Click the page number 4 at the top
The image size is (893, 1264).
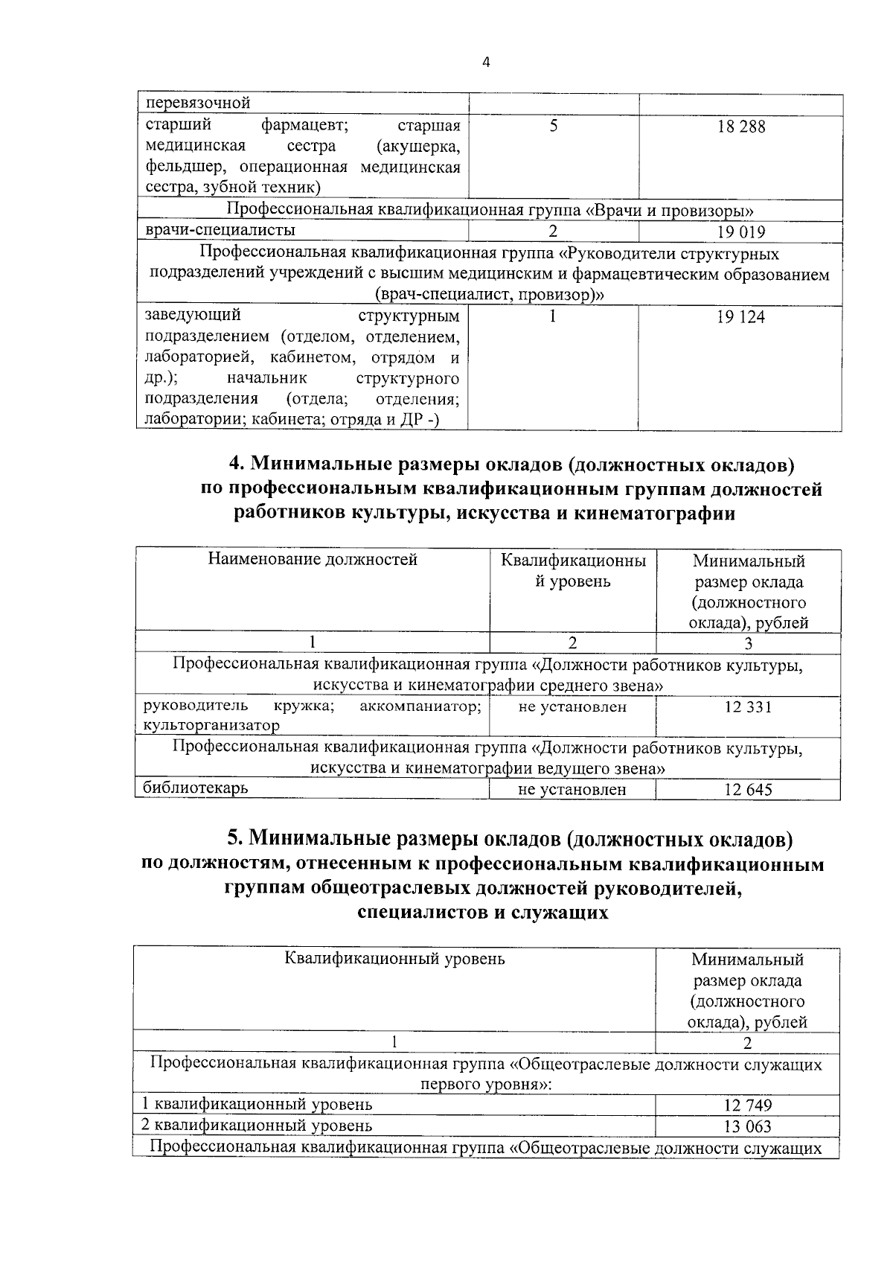click(x=486, y=63)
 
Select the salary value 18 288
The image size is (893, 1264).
click(x=741, y=127)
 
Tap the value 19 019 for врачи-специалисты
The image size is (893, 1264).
click(x=741, y=232)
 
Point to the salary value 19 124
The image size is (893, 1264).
click(x=741, y=318)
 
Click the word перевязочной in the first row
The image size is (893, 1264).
click(x=198, y=103)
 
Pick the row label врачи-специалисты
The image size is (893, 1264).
click(x=220, y=230)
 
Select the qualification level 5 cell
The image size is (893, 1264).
click(x=554, y=126)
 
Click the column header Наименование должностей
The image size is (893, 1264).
click(x=313, y=559)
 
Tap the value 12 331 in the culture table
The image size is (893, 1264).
click(x=748, y=706)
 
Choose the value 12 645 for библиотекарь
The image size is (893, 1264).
click(x=748, y=790)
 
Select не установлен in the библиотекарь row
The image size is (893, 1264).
click(x=572, y=790)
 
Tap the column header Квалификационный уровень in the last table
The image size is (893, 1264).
click(x=394, y=959)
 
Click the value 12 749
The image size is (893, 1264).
click(x=747, y=1105)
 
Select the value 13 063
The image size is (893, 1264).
click(x=747, y=1126)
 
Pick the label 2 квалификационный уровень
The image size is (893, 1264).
click(x=257, y=1126)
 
